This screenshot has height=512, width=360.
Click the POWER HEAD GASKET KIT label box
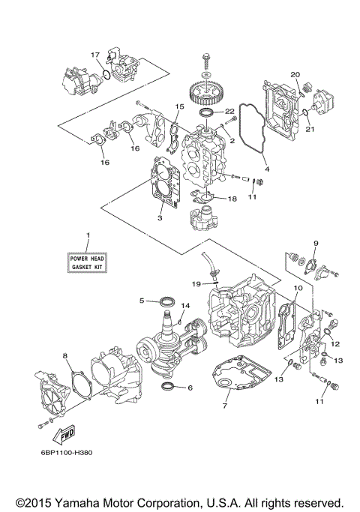click(x=87, y=262)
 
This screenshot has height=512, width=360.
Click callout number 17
click(x=95, y=55)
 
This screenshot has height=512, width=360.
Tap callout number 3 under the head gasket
click(x=158, y=218)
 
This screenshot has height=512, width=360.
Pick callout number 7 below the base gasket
click(x=224, y=406)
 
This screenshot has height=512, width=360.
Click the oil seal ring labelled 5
click(x=169, y=302)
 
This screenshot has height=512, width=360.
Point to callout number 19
click(x=195, y=284)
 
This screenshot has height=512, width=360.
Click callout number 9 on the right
click(x=316, y=244)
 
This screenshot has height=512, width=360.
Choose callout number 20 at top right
click(x=295, y=75)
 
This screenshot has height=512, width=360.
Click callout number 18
click(x=232, y=199)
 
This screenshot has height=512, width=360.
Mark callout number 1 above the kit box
click(x=87, y=236)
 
